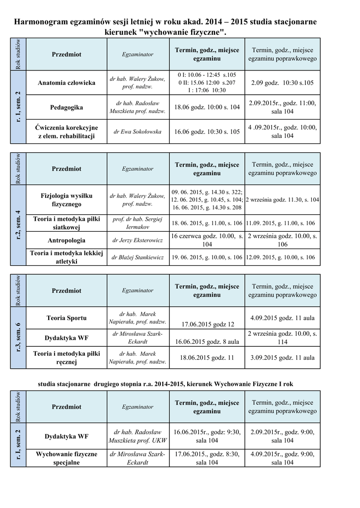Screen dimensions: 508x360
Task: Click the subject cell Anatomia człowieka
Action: (x=67, y=83)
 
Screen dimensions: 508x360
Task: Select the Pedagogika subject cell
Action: (x=67, y=107)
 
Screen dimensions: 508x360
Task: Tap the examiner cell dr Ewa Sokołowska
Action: (x=138, y=132)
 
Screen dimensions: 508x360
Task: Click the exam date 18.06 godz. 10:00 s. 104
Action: (x=207, y=107)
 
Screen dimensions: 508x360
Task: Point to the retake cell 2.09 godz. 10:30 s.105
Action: (x=282, y=83)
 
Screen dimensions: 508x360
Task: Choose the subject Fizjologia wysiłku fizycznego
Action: (x=67, y=200)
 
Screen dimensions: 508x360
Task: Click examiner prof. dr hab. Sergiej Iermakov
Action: (x=138, y=223)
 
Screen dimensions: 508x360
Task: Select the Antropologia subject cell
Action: (x=67, y=241)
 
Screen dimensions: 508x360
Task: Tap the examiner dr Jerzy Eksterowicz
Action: (x=138, y=241)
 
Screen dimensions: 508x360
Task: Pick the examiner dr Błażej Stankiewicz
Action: (x=138, y=257)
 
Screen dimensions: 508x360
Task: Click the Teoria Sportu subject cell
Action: (x=67, y=317)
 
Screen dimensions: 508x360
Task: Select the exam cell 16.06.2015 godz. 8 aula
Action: (x=207, y=342)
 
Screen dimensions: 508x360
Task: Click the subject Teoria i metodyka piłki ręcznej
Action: (x=67, y=357)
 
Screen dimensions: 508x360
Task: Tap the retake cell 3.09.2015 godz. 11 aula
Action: (x=282, y=357)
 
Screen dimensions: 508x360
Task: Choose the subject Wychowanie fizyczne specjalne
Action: (x=67, y=458)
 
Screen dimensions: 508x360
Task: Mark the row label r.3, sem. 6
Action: (x=18, y=337)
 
